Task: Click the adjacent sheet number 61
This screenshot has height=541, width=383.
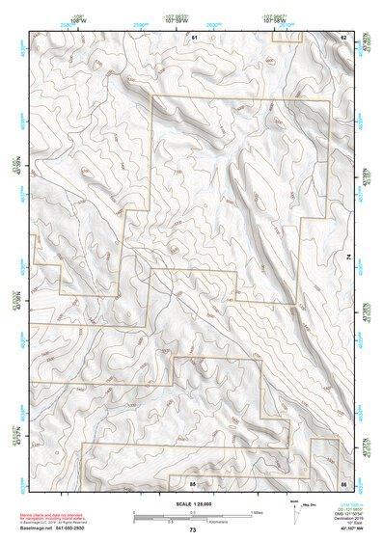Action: point(193,38)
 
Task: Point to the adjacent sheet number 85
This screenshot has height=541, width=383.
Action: point(193,481)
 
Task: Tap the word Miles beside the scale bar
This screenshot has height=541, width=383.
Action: point(256,513)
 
